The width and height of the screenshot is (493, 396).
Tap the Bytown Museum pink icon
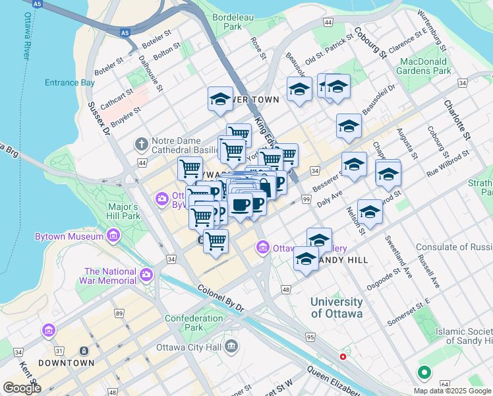click(x=113, y=236)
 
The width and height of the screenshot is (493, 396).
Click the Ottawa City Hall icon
click(x=231, y=346)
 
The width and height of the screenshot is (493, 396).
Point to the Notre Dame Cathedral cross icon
click(x=140, y=144)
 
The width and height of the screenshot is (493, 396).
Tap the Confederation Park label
click(x=194, y=323)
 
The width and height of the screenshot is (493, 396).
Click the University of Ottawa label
click(x=336, y=308)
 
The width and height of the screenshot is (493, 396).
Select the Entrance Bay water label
click(x=69, y=82)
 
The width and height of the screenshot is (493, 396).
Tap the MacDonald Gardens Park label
click(x=424, y=65)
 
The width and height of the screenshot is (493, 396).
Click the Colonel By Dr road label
click(x=220, y=298)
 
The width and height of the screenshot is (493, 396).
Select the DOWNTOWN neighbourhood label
click(x=66, y=363)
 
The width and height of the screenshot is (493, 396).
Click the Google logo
click(x=22, y=387)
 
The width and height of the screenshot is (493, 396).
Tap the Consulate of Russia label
click(x=453, y=247)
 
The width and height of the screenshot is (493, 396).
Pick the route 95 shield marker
click(x=310, y=337)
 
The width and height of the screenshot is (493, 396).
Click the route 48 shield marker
click(x=285, y=289)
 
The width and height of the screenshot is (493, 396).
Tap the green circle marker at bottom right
click(x=424, y=373)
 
